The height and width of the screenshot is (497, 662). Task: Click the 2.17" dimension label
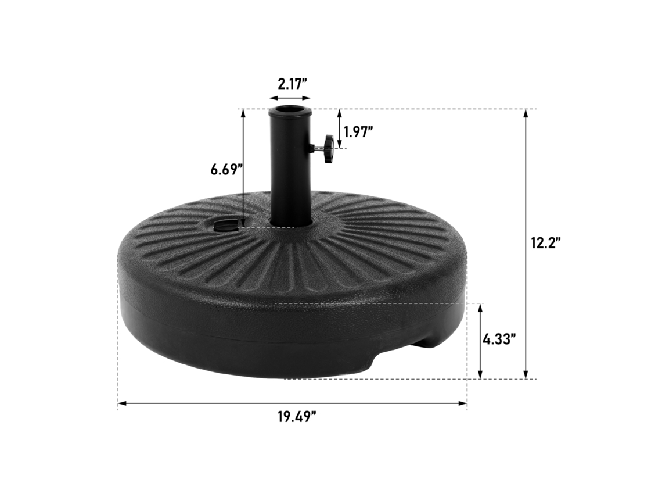click(x=292, y=84)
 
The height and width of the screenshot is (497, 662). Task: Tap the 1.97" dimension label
click(x=358, y=133)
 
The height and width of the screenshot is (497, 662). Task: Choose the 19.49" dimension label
click(x=297, y=417)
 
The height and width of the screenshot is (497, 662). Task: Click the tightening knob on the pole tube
click(x=328, y=148)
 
